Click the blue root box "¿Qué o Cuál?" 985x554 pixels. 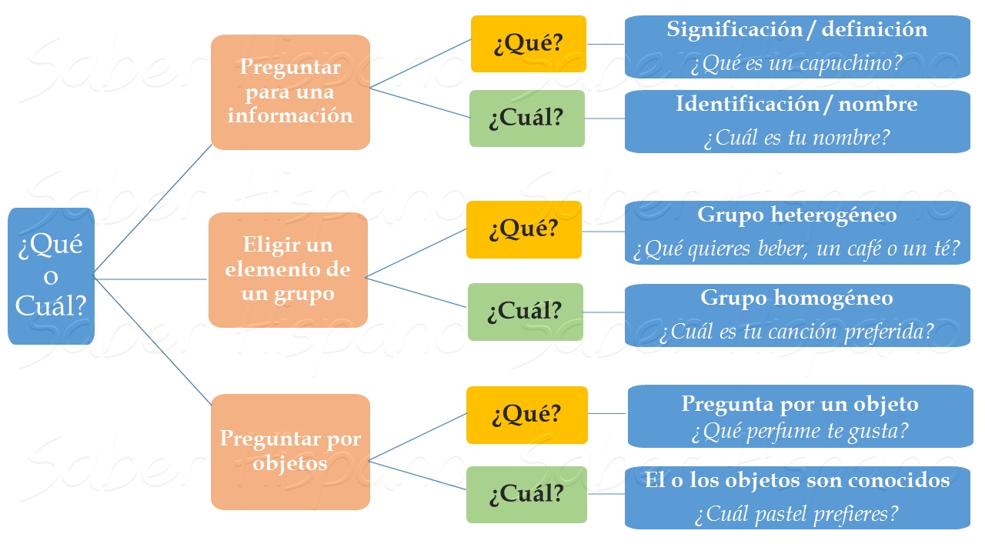(51, 276)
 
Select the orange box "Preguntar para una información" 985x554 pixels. (290, 92)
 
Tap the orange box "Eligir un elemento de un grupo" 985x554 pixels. (288, 269)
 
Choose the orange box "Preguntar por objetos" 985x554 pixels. (290, 452)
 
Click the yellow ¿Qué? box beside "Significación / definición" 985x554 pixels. (528, 44)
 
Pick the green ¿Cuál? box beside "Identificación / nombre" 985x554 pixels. (527, 118)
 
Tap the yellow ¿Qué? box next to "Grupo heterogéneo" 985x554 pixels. (523, 229)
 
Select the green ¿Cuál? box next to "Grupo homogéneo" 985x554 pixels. (526, 311)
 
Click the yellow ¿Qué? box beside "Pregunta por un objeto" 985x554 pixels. (526, 415)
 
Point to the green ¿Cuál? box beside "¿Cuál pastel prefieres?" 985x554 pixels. (526, 494)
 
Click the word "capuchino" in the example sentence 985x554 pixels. (855, 64)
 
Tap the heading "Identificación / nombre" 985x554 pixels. (796, 104)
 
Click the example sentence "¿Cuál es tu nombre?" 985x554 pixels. (796, 138)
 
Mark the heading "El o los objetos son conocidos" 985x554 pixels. (797, 481)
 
